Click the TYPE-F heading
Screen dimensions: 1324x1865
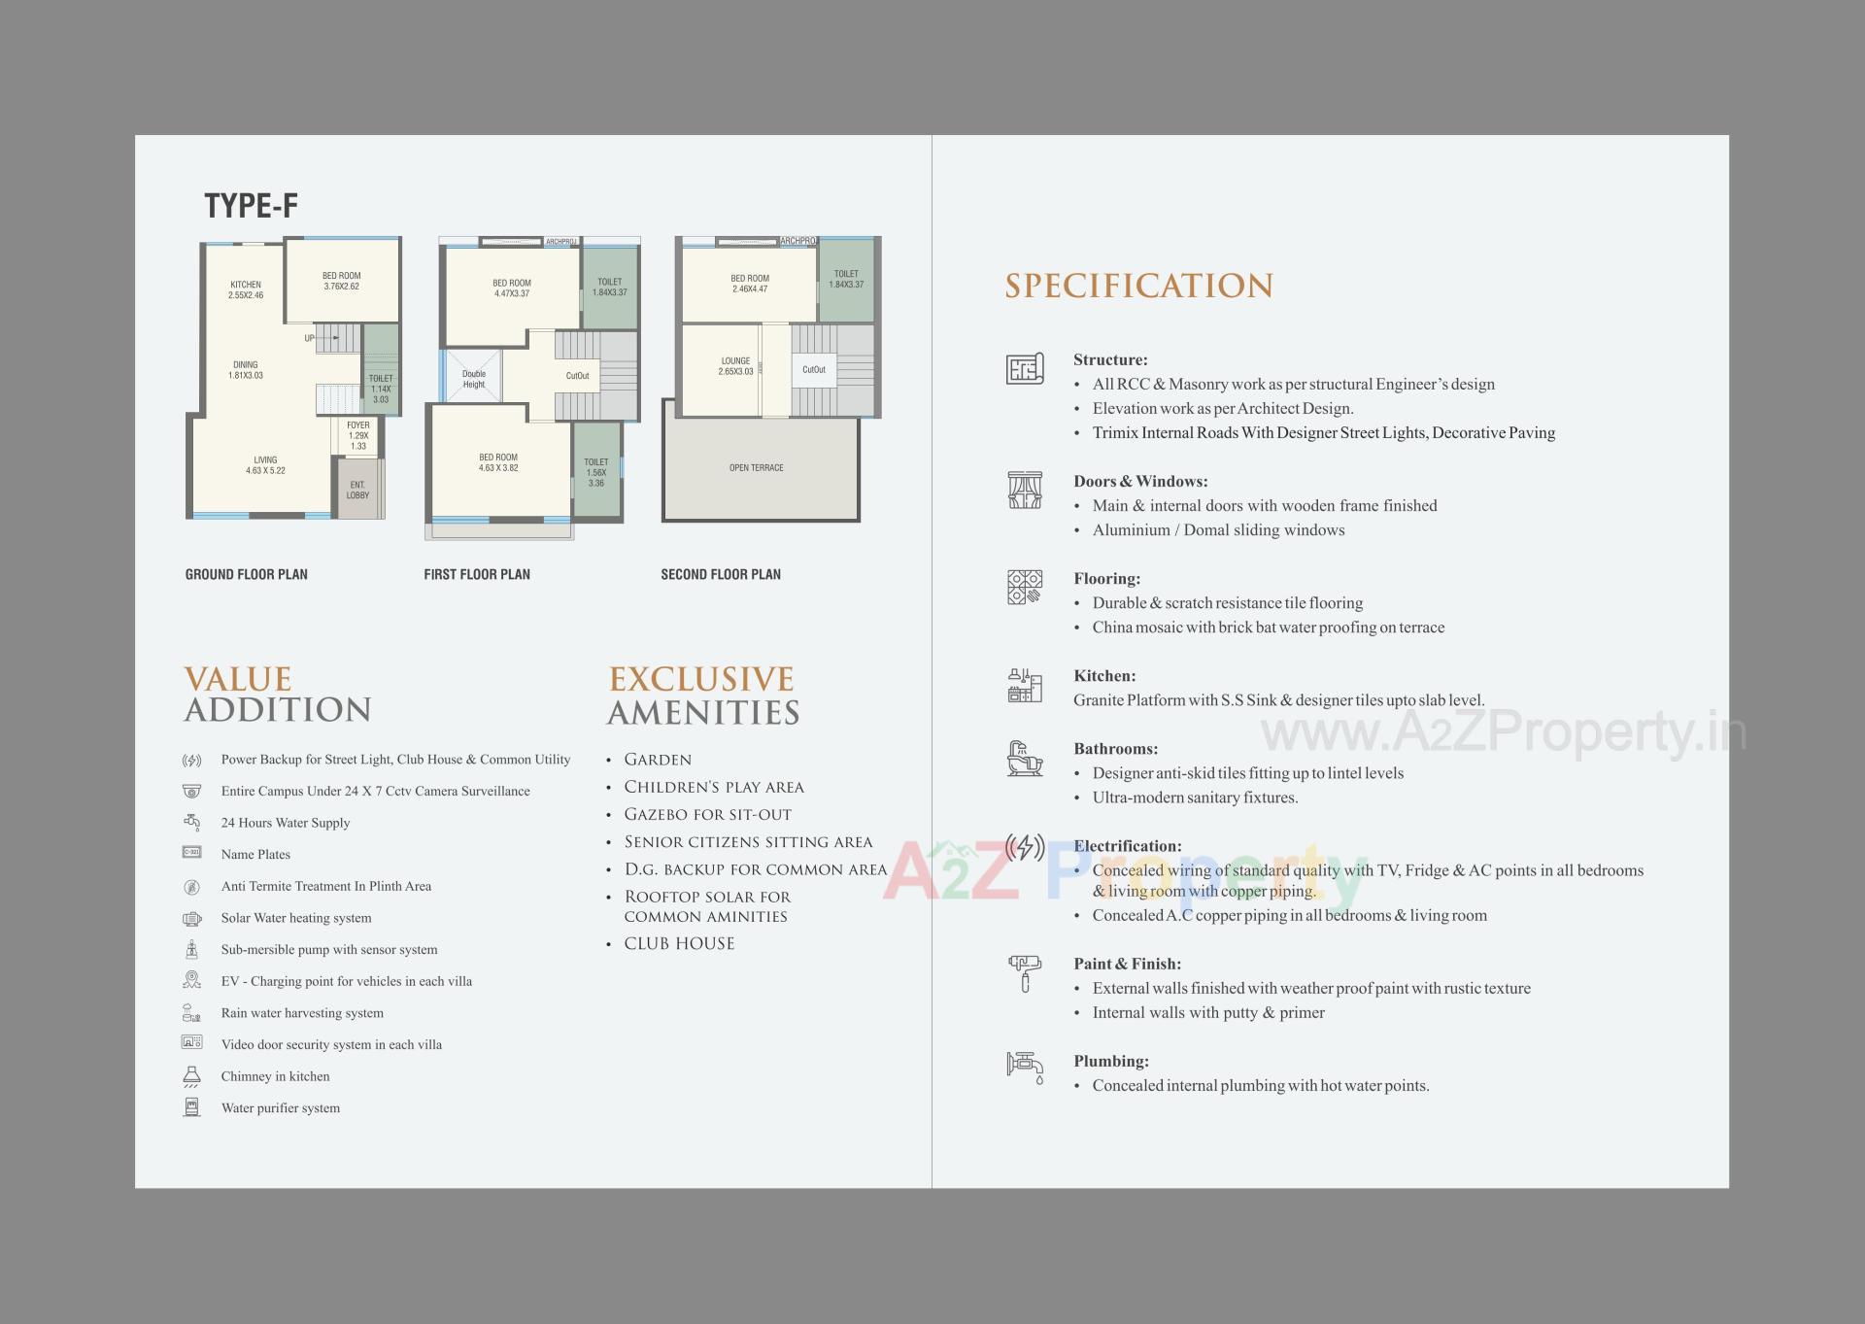point(251,206)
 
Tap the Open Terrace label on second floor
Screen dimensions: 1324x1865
point(756,468)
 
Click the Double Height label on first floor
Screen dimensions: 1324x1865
point(474,379)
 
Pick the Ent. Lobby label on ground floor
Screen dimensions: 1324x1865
point(357,490)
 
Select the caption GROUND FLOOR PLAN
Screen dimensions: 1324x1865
point(247,574)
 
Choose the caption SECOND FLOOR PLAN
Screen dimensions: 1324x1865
point(721,574)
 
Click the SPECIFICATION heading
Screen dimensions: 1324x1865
point(1138,286)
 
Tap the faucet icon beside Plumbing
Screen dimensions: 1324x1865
point(1025,1066)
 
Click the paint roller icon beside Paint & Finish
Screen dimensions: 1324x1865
point(1025,972)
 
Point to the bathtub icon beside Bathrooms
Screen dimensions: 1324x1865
point(1025,758)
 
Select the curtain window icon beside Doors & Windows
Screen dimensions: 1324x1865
point(1025,490)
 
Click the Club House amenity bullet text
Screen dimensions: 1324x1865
point(679,943)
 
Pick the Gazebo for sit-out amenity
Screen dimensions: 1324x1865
point(707,814)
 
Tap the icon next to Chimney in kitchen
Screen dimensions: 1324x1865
point(192,1076)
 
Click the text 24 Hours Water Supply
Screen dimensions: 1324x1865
point(286,823)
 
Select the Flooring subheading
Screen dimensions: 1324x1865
point(1106,578)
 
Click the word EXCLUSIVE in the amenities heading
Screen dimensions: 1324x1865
point(701,678)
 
